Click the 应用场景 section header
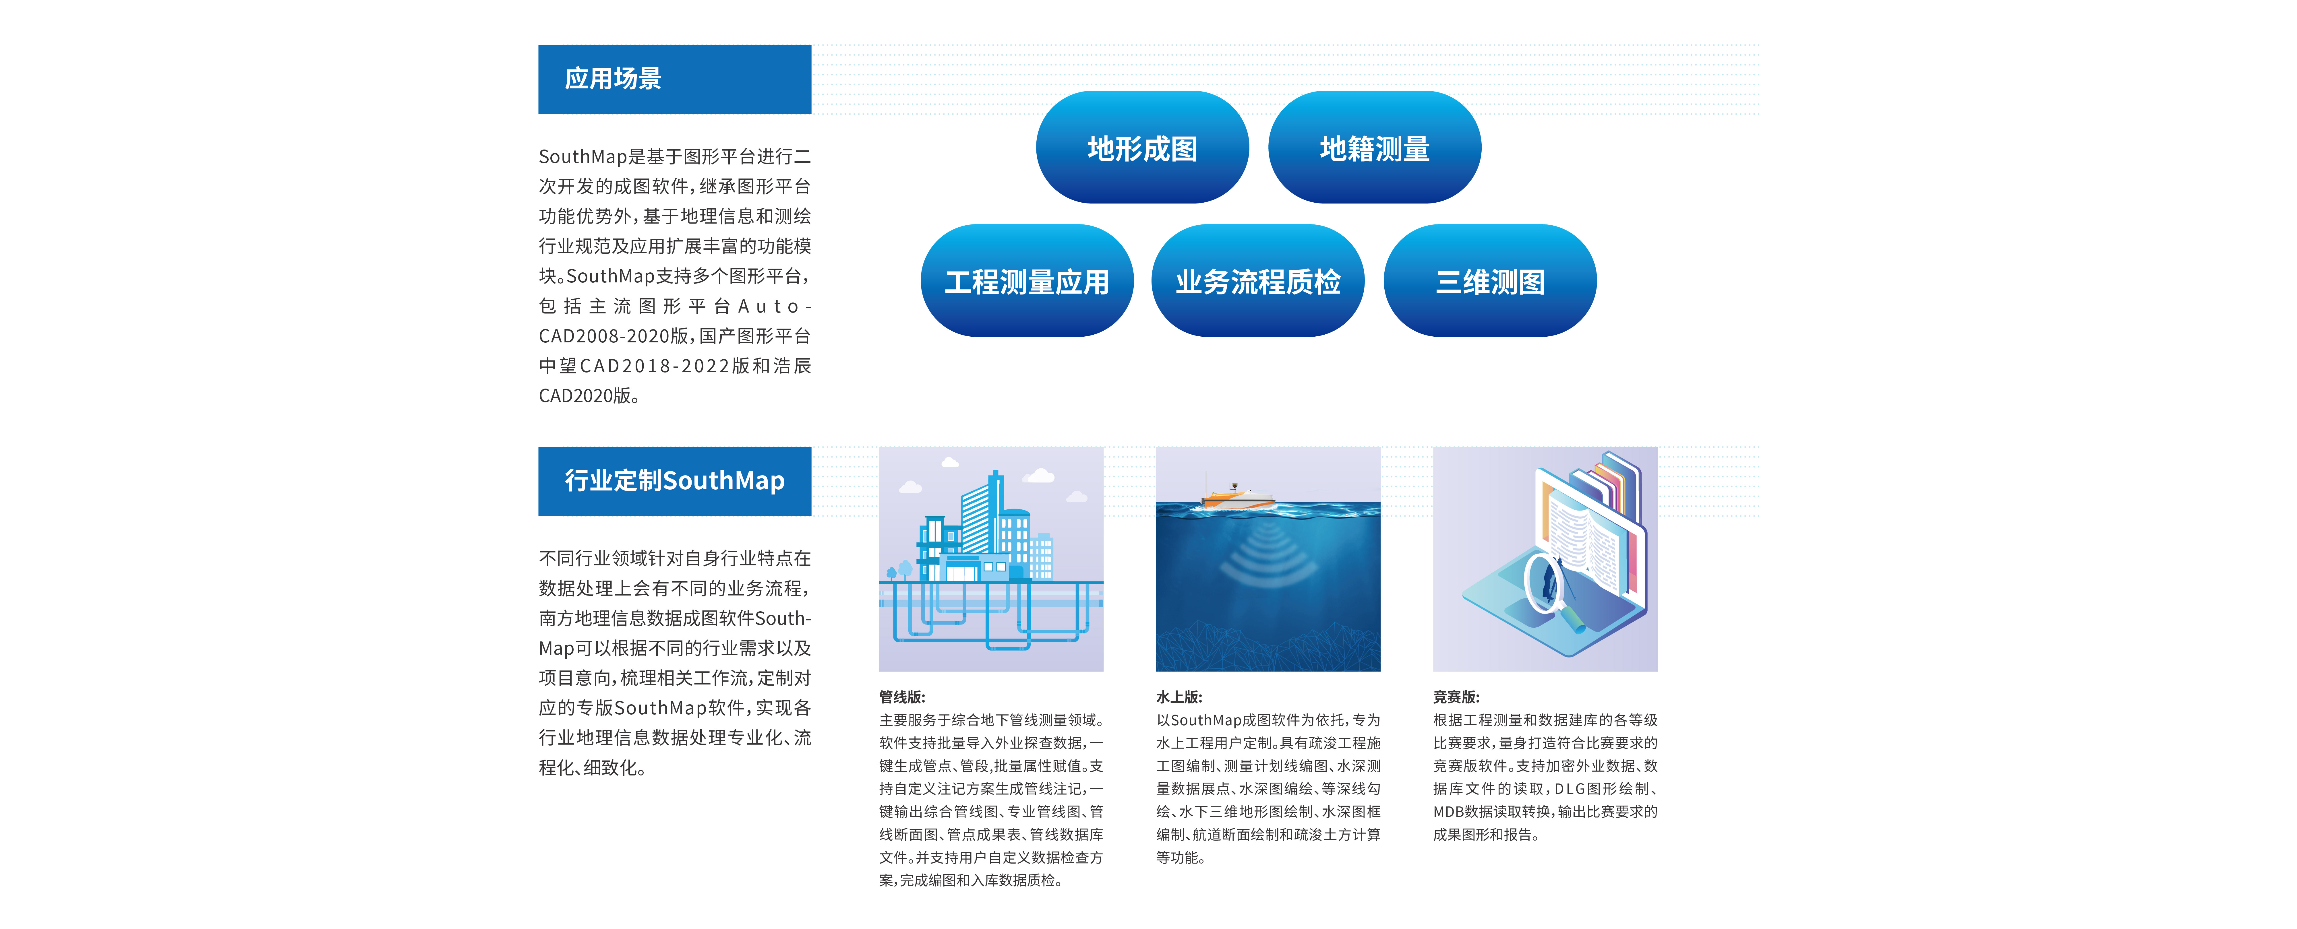pyautogui.click(x=674, y=79)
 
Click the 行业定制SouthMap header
pyautogui.click(x=674, y=482)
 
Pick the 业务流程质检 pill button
pyautogui.click(x=1258, y=281)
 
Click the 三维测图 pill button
pyautogui.click(x=1490, y=281)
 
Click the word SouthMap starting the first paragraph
pyautogui.click(x=583, y=157)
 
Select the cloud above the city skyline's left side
pyautogui.click(x=910, y=487)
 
